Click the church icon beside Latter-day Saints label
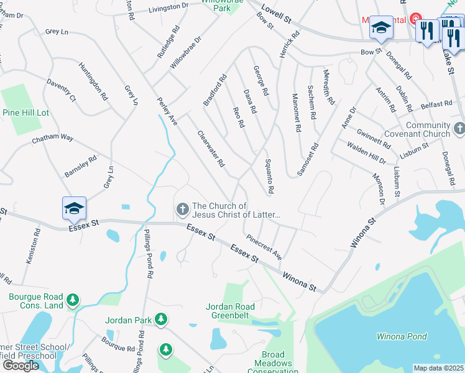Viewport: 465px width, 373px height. pos(183,209)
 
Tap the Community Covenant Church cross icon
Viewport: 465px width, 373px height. pos(459,129)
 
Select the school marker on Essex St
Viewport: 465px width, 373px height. pos(73,208)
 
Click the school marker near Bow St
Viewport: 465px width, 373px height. pos(381,28)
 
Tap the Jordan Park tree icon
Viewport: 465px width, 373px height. pos(161,320)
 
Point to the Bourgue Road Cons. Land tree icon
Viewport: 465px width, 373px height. pos(73,301)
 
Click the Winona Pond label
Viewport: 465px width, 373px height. pos(402,336)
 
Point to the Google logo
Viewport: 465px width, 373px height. pos(21,366)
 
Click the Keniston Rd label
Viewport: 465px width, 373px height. pos(32,247)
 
